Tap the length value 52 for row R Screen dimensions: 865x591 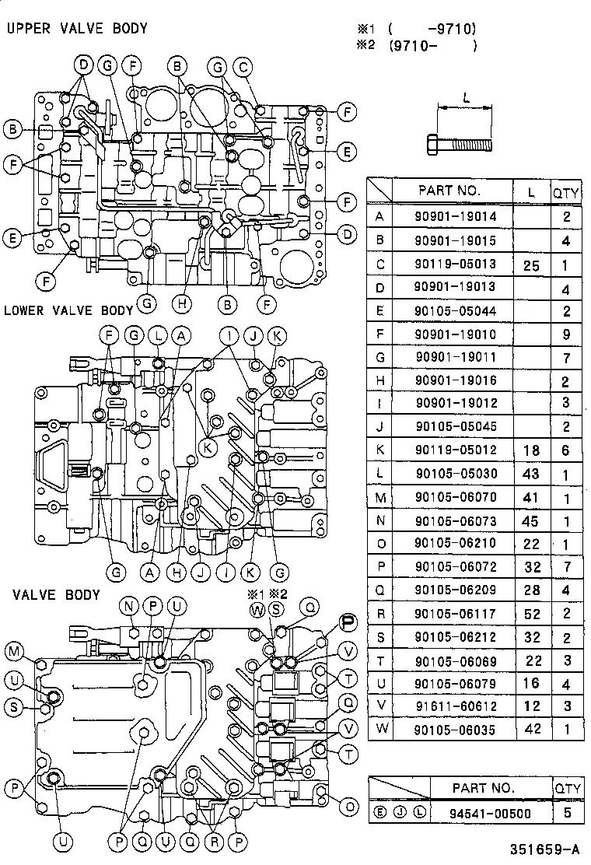pos(531,614)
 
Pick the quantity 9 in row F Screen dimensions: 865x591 pos(565,334)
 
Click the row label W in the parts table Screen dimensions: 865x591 pos(379,730)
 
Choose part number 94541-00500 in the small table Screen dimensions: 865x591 pos(483,814)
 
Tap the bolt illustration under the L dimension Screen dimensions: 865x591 pos(459,144)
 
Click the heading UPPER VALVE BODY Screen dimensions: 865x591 pos(76,29)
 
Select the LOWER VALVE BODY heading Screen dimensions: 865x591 pos(68,310)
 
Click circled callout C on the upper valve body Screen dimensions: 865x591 pos(243,68)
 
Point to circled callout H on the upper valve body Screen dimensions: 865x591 pos(184,301)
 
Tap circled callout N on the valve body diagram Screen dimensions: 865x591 pos(129,606)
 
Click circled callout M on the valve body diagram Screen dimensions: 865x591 pos(14,650)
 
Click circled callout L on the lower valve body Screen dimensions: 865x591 pos(157,335)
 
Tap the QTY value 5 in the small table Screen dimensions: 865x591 pos(567,814)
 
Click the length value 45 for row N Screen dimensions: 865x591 pos(531,520)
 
